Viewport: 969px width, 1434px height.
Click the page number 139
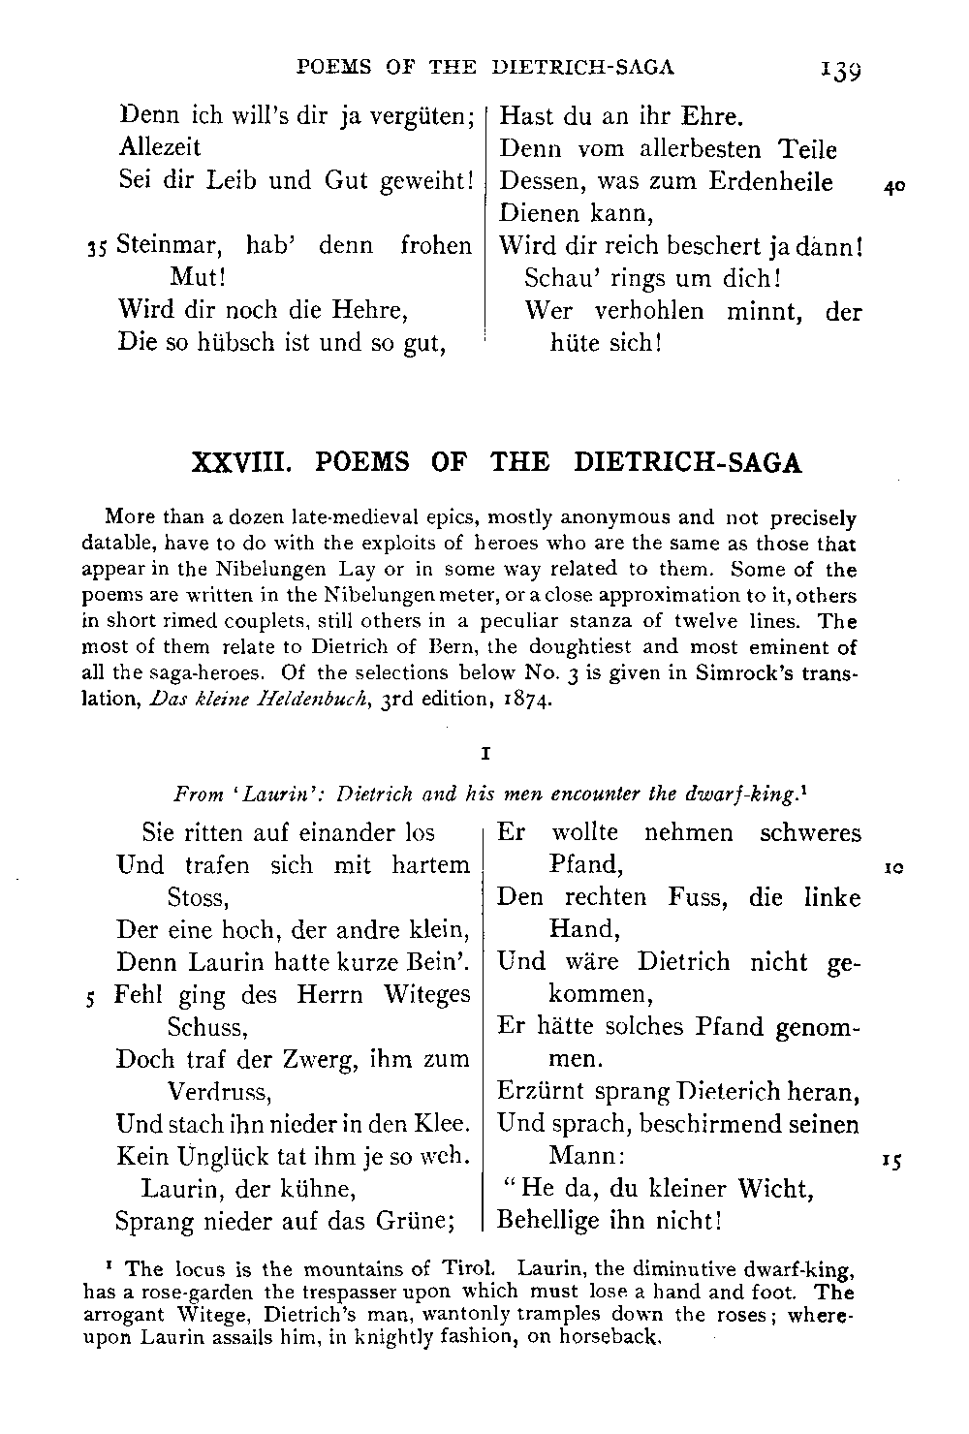click(x=840, y=70)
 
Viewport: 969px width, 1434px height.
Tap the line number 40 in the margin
click(x=894, y=188)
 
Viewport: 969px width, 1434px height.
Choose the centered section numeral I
click(x=484, y=753)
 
